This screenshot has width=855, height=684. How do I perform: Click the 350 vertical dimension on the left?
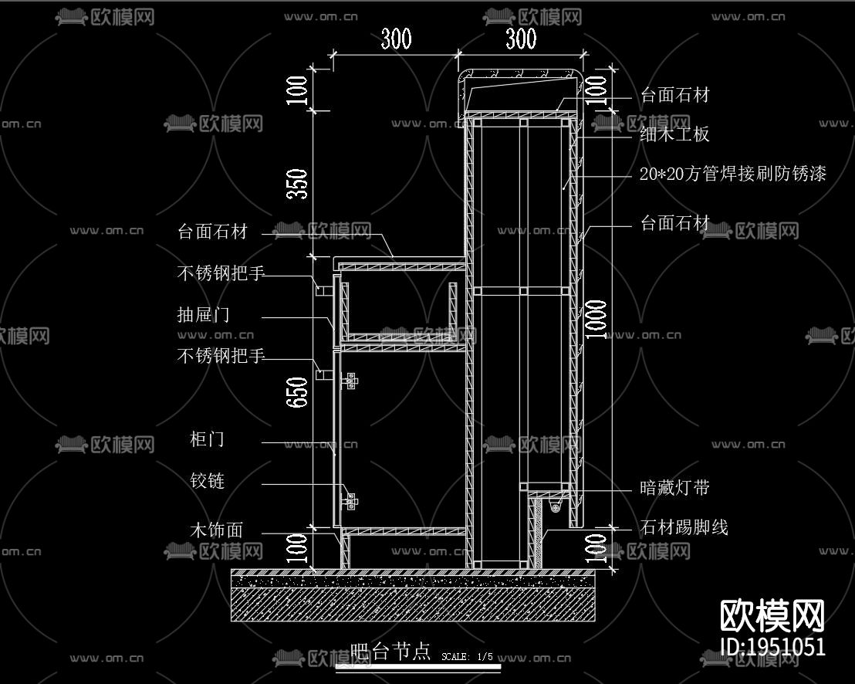[x=298, y=184]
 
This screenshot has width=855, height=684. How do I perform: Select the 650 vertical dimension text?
[x=298, y=392]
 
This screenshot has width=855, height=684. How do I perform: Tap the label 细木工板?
[x=674, y=134]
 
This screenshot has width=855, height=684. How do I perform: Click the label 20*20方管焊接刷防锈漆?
[x=732, y=174]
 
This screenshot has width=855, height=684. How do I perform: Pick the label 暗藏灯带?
[x=674, y=488]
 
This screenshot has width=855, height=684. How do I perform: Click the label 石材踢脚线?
[x=684, y=528]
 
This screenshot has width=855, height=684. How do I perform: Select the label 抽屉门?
[x=203, y=315]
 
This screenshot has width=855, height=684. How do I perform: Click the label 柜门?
[x=207, y=439]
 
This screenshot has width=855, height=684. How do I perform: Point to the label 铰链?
[x=207, y=481]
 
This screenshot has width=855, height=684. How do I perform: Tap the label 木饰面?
[x=216, y=530]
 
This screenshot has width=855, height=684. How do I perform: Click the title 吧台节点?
[x=390, y=652]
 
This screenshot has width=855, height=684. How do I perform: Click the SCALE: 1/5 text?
[x=467, y=657]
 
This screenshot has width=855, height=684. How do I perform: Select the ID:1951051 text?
[x=772, y=647]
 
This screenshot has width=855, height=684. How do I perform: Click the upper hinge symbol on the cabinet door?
[x=351, y=381]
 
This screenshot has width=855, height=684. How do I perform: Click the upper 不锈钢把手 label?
[x=221, y=273]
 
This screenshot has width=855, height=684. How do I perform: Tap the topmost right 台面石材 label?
[x=674, y=95]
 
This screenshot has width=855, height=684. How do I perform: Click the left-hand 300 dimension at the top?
[x=396, y=39]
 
